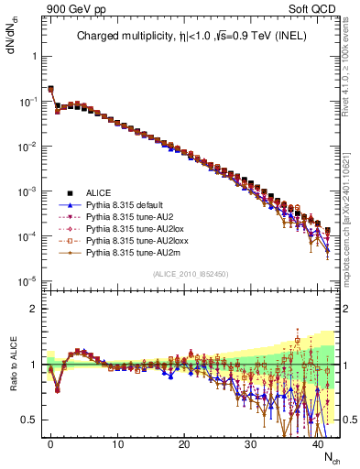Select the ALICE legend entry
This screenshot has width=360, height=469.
coord(99,192)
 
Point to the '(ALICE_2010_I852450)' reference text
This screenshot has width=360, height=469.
coord(190,274)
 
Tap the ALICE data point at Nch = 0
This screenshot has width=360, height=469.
coord(50,89)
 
